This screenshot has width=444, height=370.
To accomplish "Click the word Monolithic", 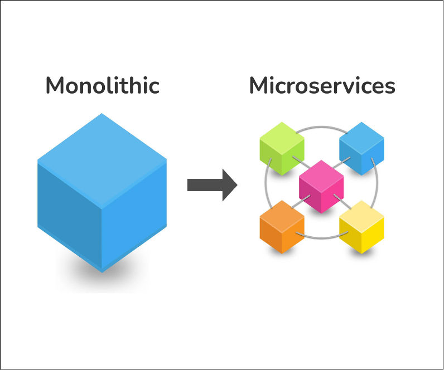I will point(102,86).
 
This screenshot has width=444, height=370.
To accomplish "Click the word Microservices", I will point(322,86).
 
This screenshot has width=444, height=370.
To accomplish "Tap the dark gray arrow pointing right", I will point(212,184).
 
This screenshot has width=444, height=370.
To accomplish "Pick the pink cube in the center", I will point(321,186).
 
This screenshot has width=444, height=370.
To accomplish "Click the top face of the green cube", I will point(282,137).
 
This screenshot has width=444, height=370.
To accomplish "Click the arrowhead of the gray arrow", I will point(229,184).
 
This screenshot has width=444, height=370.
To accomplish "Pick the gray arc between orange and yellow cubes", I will point(322,238).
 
